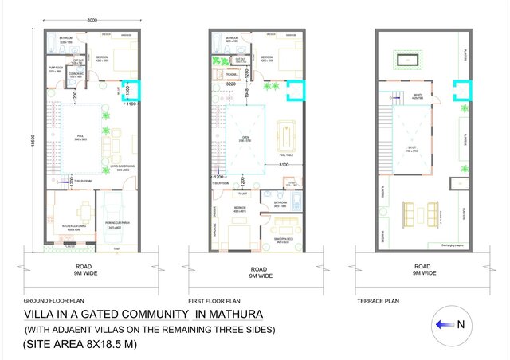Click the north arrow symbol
447,325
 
